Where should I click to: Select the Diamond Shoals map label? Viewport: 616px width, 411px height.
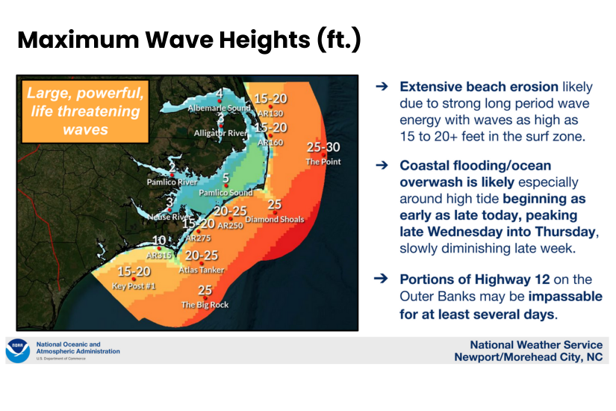(x=274, y=219)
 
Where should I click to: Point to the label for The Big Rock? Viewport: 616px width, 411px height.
(x=205, y=305)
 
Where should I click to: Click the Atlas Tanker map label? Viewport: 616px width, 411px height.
(x=201, y=270)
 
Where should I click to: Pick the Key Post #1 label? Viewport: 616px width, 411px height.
(x=133, y=285)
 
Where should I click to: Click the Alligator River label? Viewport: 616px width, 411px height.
(x=221, y=133)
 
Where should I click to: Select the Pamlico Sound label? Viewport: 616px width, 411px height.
(x=225, y=193)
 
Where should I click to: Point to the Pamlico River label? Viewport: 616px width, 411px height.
(x=172, y=182)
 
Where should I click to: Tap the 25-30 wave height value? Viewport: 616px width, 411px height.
(x=323, y=146)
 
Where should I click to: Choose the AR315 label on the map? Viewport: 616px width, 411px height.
(x=159, y=255)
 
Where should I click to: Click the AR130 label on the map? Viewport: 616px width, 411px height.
(x=269, y=113)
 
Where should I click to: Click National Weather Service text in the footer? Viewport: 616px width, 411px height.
(x=535, y=344)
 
